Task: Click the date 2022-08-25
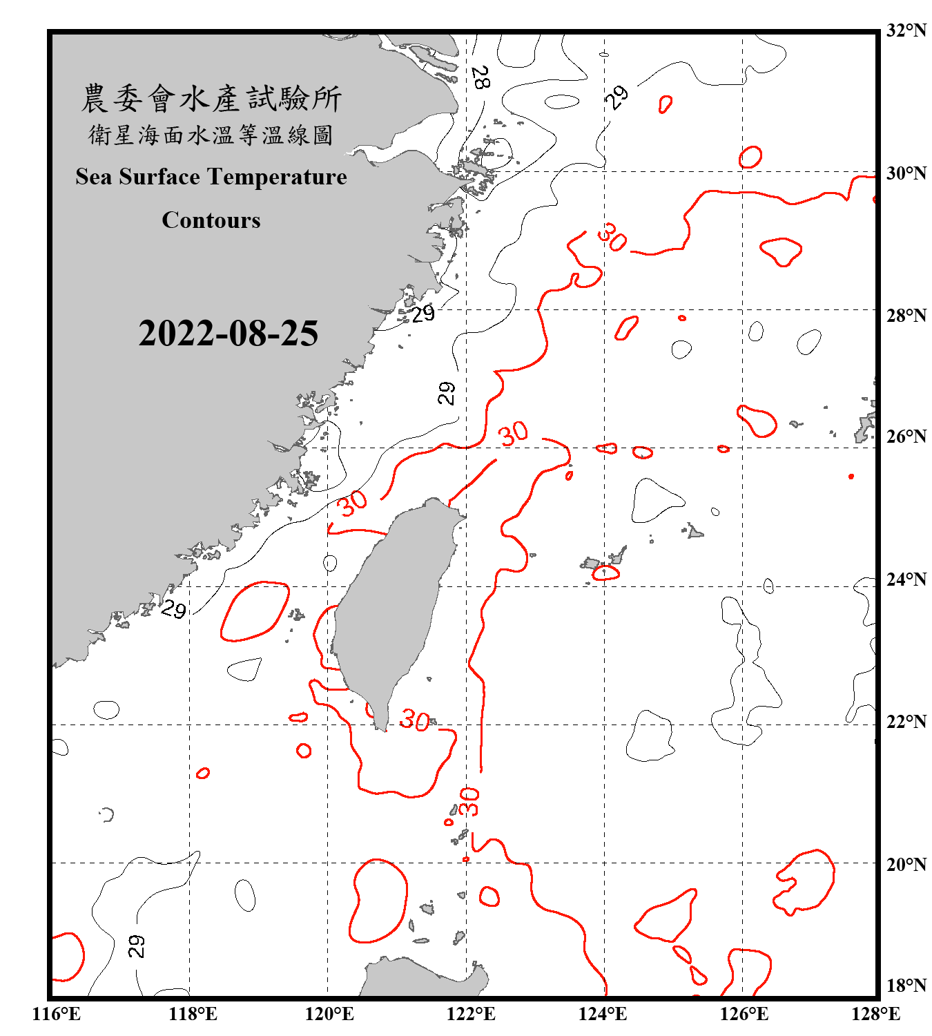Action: tap(228, 334)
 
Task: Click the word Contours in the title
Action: tap(211, 220)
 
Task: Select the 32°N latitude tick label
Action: tap(906, 30)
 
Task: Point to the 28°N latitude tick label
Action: tap(906, 315)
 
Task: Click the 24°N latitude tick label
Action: tap(906, 579)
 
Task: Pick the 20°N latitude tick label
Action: tap(906, 863)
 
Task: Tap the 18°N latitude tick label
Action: tap(906, 985)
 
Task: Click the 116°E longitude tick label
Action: tap(56, 1014)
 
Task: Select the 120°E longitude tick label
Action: tap(329, 1014)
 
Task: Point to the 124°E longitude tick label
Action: tap(603, 1014)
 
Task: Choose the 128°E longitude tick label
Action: tap(875, 1014)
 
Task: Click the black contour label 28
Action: tap(480, 77)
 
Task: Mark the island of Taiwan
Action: tap(394, 608)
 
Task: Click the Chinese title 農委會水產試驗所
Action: tap(211, 98)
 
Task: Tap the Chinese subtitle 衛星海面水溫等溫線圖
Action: tap(211, 135)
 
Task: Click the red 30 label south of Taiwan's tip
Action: tap(415, 720)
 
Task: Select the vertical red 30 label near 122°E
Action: tap(469, 801)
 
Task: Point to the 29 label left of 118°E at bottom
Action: tap(137, 946)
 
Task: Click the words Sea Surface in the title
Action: tap(138, 177)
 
